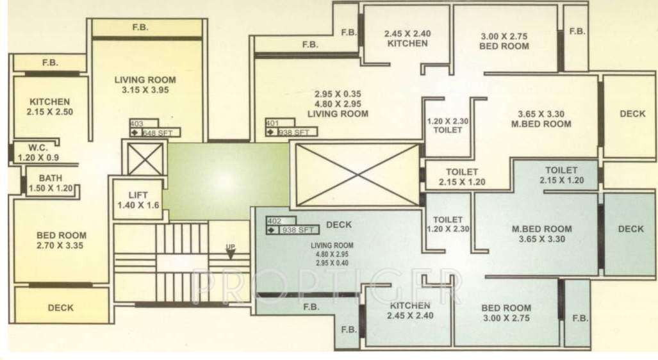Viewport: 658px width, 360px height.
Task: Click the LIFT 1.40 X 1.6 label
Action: tap(138, 200)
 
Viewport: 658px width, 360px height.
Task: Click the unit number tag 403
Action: tap(136, 124)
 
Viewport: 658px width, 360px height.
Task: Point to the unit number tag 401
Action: tap(272, 123)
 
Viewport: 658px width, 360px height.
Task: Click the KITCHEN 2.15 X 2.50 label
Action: tap(49, 106)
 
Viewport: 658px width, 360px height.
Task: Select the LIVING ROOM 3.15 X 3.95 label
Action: tap(145, 85)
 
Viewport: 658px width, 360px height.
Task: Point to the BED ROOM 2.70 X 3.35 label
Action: tap(61, 240)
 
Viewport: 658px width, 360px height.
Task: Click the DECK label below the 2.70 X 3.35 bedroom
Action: tap(61, 307)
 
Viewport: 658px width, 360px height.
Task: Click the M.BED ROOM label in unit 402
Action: tap(541, 234)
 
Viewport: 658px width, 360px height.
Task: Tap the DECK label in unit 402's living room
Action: tap(339, 225)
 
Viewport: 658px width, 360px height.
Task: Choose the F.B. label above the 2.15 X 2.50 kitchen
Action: tap(50, 63)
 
